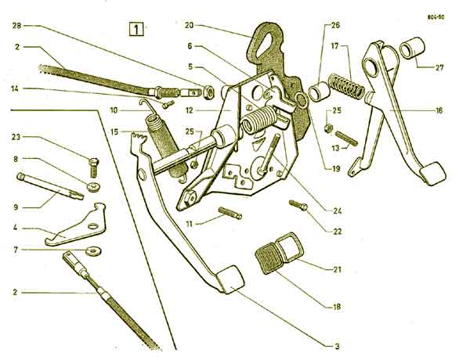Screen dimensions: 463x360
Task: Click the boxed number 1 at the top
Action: tap(136, 29)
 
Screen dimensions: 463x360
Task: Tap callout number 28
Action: tap(17, 26)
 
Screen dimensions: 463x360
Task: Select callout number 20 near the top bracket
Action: tap(189, 25)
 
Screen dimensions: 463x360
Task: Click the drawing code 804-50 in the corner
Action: tap(436, 16)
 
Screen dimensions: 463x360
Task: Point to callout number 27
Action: tap(439, 67)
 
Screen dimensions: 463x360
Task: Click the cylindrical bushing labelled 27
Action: tap(412, 47)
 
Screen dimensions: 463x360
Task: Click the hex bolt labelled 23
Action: tap(93, 167)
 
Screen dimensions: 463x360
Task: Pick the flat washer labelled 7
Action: tap(93, 251)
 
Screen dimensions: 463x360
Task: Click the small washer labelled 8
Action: tap(93, 187)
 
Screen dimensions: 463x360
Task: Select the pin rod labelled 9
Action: tap(50, 186)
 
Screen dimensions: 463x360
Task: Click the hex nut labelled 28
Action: tap(209, 92)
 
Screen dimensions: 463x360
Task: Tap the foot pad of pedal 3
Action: tap(231, 279)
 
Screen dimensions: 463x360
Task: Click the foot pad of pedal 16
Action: tap(432, 174)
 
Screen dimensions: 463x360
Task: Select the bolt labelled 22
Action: tap(298, 205)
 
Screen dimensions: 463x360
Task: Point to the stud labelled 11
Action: tap(230, 213)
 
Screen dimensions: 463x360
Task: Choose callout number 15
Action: tap(114, 131)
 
